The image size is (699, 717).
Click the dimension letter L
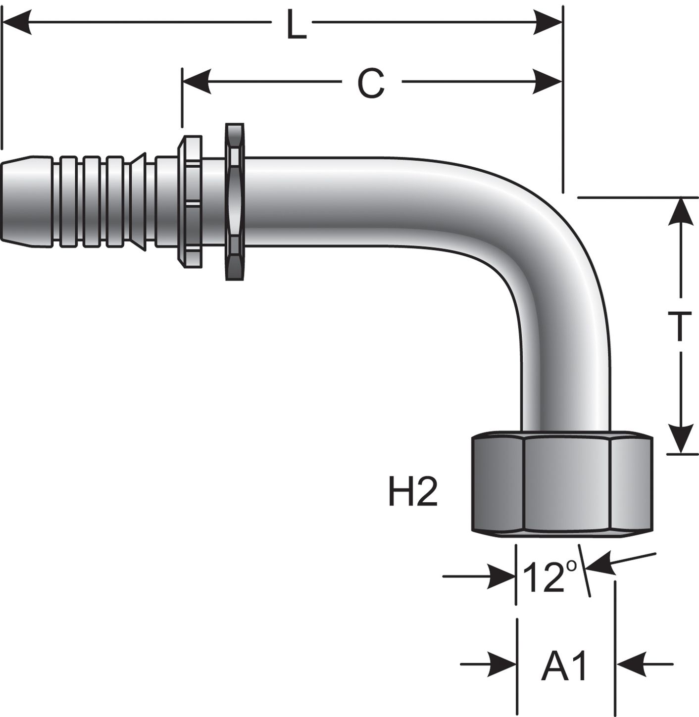pos(296,25)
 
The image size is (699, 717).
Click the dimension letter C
pos(371,83)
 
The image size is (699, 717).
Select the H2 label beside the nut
pos(412,493)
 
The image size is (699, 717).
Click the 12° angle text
pos(550,577)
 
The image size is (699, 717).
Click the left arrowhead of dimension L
pos(17,23)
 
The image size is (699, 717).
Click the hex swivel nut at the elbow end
pos(560,484)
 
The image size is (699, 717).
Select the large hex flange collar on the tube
pos(234,201)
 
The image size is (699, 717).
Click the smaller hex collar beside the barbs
pos(191,201)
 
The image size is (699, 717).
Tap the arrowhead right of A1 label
pos(630,664)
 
